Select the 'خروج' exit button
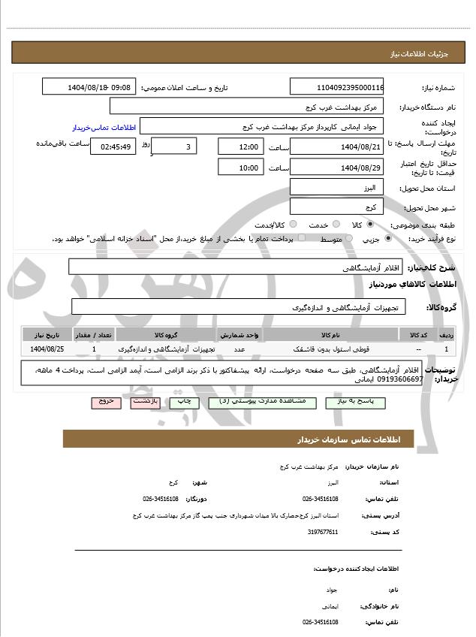[106, 402]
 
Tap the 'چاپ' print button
[184, 402]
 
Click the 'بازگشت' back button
[145, 402]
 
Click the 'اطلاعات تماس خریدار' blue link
[96, 128]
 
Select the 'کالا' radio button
[370, 225]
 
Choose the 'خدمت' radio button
[336, 225]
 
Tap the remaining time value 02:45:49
[113, 146]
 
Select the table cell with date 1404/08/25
[47, 349]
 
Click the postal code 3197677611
[323, 532]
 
